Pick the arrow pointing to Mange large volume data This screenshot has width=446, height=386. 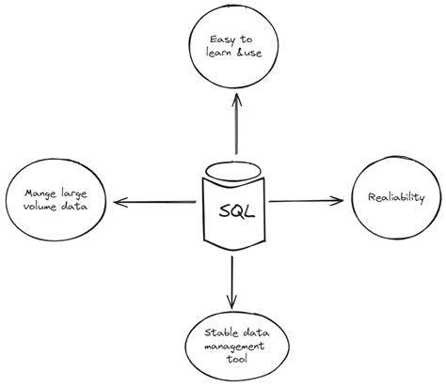click(155, 201)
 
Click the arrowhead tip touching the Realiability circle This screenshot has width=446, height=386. click(341, 199)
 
